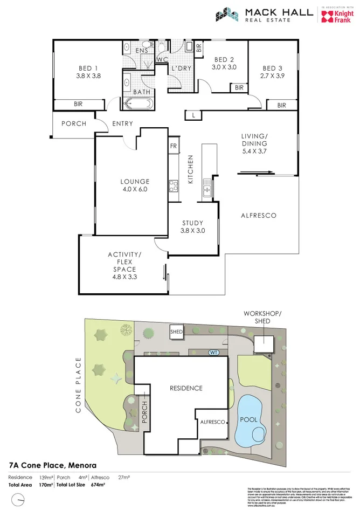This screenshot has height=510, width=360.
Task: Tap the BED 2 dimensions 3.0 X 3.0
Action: pos(225,67)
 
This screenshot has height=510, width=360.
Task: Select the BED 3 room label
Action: pos(272,68)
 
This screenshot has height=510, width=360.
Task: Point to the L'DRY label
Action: pos(180,69)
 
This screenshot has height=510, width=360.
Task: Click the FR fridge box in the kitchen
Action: pos(174,146)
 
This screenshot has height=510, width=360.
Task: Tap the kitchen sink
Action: pos(206,189)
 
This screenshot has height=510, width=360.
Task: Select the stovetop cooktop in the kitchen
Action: pos(174,186)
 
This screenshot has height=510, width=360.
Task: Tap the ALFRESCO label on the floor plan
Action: pos(258,216)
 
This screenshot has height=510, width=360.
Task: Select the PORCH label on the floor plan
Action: pos(73,123)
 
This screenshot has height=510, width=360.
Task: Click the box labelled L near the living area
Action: pos(193,115)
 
